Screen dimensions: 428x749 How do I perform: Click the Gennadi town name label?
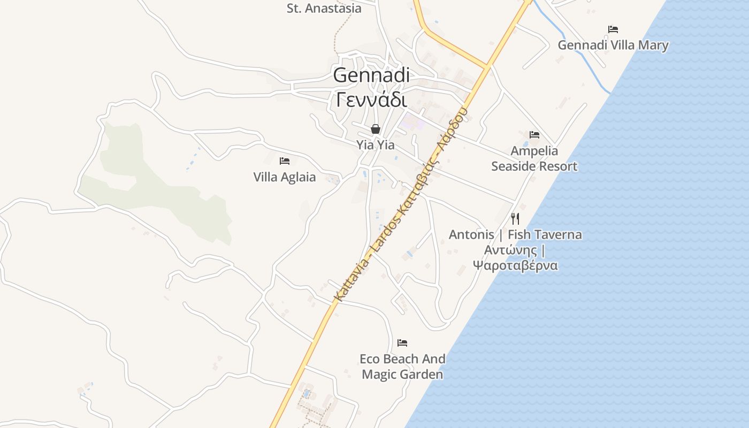pyautogui.click(x=371, y=75)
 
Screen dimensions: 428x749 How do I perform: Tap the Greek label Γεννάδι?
pyautogui.click(x=371, y=99)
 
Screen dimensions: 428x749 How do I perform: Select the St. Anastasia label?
pyautogui.click(x=324, y=8)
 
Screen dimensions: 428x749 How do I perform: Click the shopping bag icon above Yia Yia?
pyautogui.click(x=376, y=129)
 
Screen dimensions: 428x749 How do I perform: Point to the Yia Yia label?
pyautogui.click(x=376, y=145)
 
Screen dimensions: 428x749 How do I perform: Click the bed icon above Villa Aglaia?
pyautogui.click(x=285, y=160)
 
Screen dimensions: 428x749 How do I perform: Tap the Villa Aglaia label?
pyautogui.click(x=285, y=177)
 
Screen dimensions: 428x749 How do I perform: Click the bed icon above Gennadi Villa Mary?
pyautogui.click(x=613, y=29)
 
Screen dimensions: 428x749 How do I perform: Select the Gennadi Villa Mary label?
pyautogui.click(x=613, y=45)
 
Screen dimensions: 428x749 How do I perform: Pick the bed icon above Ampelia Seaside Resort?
pyautogui.click(x=534, y=134)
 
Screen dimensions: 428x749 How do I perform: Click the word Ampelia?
pyautogui.click(x=534, y=151)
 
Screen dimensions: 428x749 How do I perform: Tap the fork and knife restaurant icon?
pyautogui.click(x=515, y=218)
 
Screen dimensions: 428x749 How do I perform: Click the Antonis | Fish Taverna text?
pyautogui.click(x=515, y=234)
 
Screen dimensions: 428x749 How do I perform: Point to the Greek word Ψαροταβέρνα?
pyautogui.click(x=515, y=265)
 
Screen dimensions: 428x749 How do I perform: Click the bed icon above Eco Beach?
pyautogui.click(x=402, y=342)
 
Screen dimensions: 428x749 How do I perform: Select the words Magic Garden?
pyautogui.click(x=402, y=374)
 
